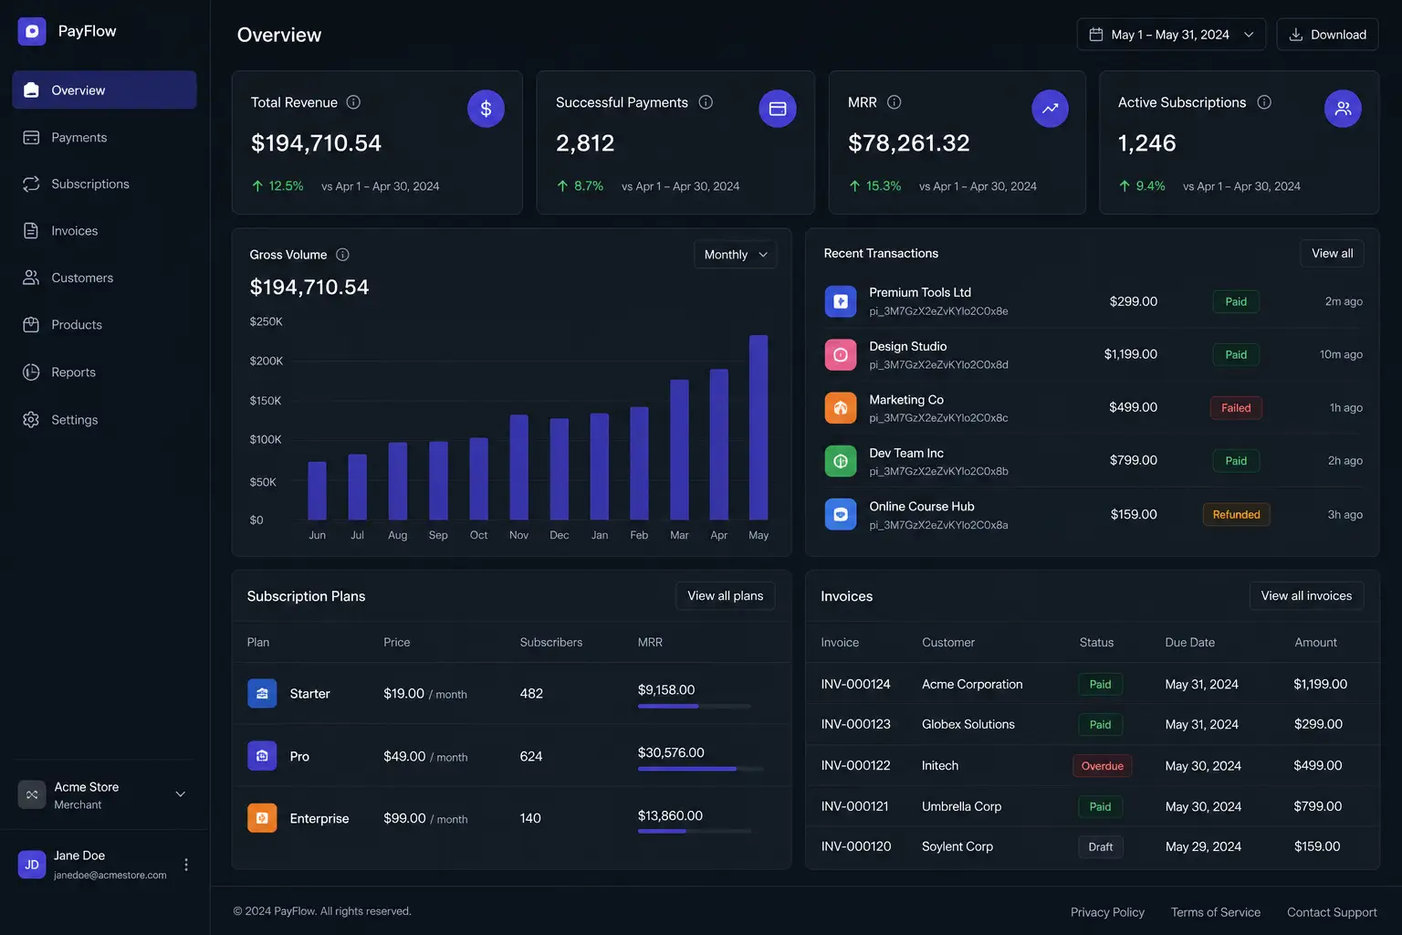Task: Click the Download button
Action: pos(1327,35)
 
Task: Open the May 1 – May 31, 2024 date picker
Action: pos(1171,35)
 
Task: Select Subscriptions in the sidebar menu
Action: pos(90,184)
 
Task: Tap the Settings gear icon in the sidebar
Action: pos(31,419)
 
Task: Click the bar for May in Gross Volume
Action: pos(759,427)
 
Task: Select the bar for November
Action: pos(518,467)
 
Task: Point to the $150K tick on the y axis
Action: pos(266,400)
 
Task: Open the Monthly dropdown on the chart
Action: pos(736,254)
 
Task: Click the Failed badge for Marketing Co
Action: pos(1236,407)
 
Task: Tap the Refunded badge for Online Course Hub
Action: pos(1236,514)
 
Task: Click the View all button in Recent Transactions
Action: pos(1332,253)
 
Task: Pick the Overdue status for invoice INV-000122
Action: pos(1103,765)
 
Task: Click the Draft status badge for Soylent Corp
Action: pos(1100,846)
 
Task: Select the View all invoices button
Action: pos(1306,595)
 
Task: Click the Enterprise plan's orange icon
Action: pos(262,818)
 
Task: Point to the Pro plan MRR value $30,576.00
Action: pos(671,752)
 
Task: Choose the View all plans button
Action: pos(726,595)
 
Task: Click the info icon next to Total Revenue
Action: pos(353,102)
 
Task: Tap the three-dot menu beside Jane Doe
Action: pos(186,864)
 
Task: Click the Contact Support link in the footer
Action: pos(1332,912)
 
